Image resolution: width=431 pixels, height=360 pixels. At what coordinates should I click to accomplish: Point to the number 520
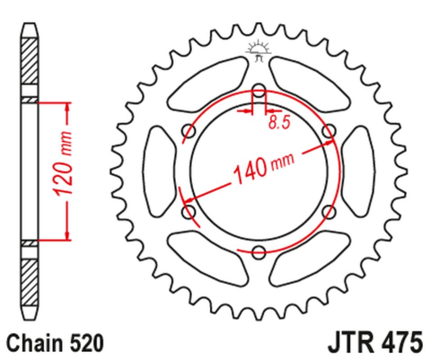coord(90,342)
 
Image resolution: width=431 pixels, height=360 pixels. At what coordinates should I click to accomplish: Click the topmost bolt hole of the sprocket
coord(259,92)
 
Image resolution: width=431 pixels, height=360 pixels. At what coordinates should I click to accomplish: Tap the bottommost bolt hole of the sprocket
coord(259,251)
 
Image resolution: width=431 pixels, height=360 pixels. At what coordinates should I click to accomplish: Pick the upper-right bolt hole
coord(328,132)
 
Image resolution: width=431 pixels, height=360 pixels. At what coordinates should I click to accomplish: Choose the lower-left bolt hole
coord(189,212)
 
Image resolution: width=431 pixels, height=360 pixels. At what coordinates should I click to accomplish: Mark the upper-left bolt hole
coord(189,132)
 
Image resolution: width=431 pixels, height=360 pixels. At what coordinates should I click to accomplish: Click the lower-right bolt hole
coord(328,212)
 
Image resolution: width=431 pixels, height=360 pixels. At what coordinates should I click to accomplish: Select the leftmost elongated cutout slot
coord(160,171)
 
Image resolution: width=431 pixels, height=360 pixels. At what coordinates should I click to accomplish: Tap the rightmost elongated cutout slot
coord(358,171)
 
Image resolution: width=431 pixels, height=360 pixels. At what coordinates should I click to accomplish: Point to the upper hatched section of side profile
coord(31,66)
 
